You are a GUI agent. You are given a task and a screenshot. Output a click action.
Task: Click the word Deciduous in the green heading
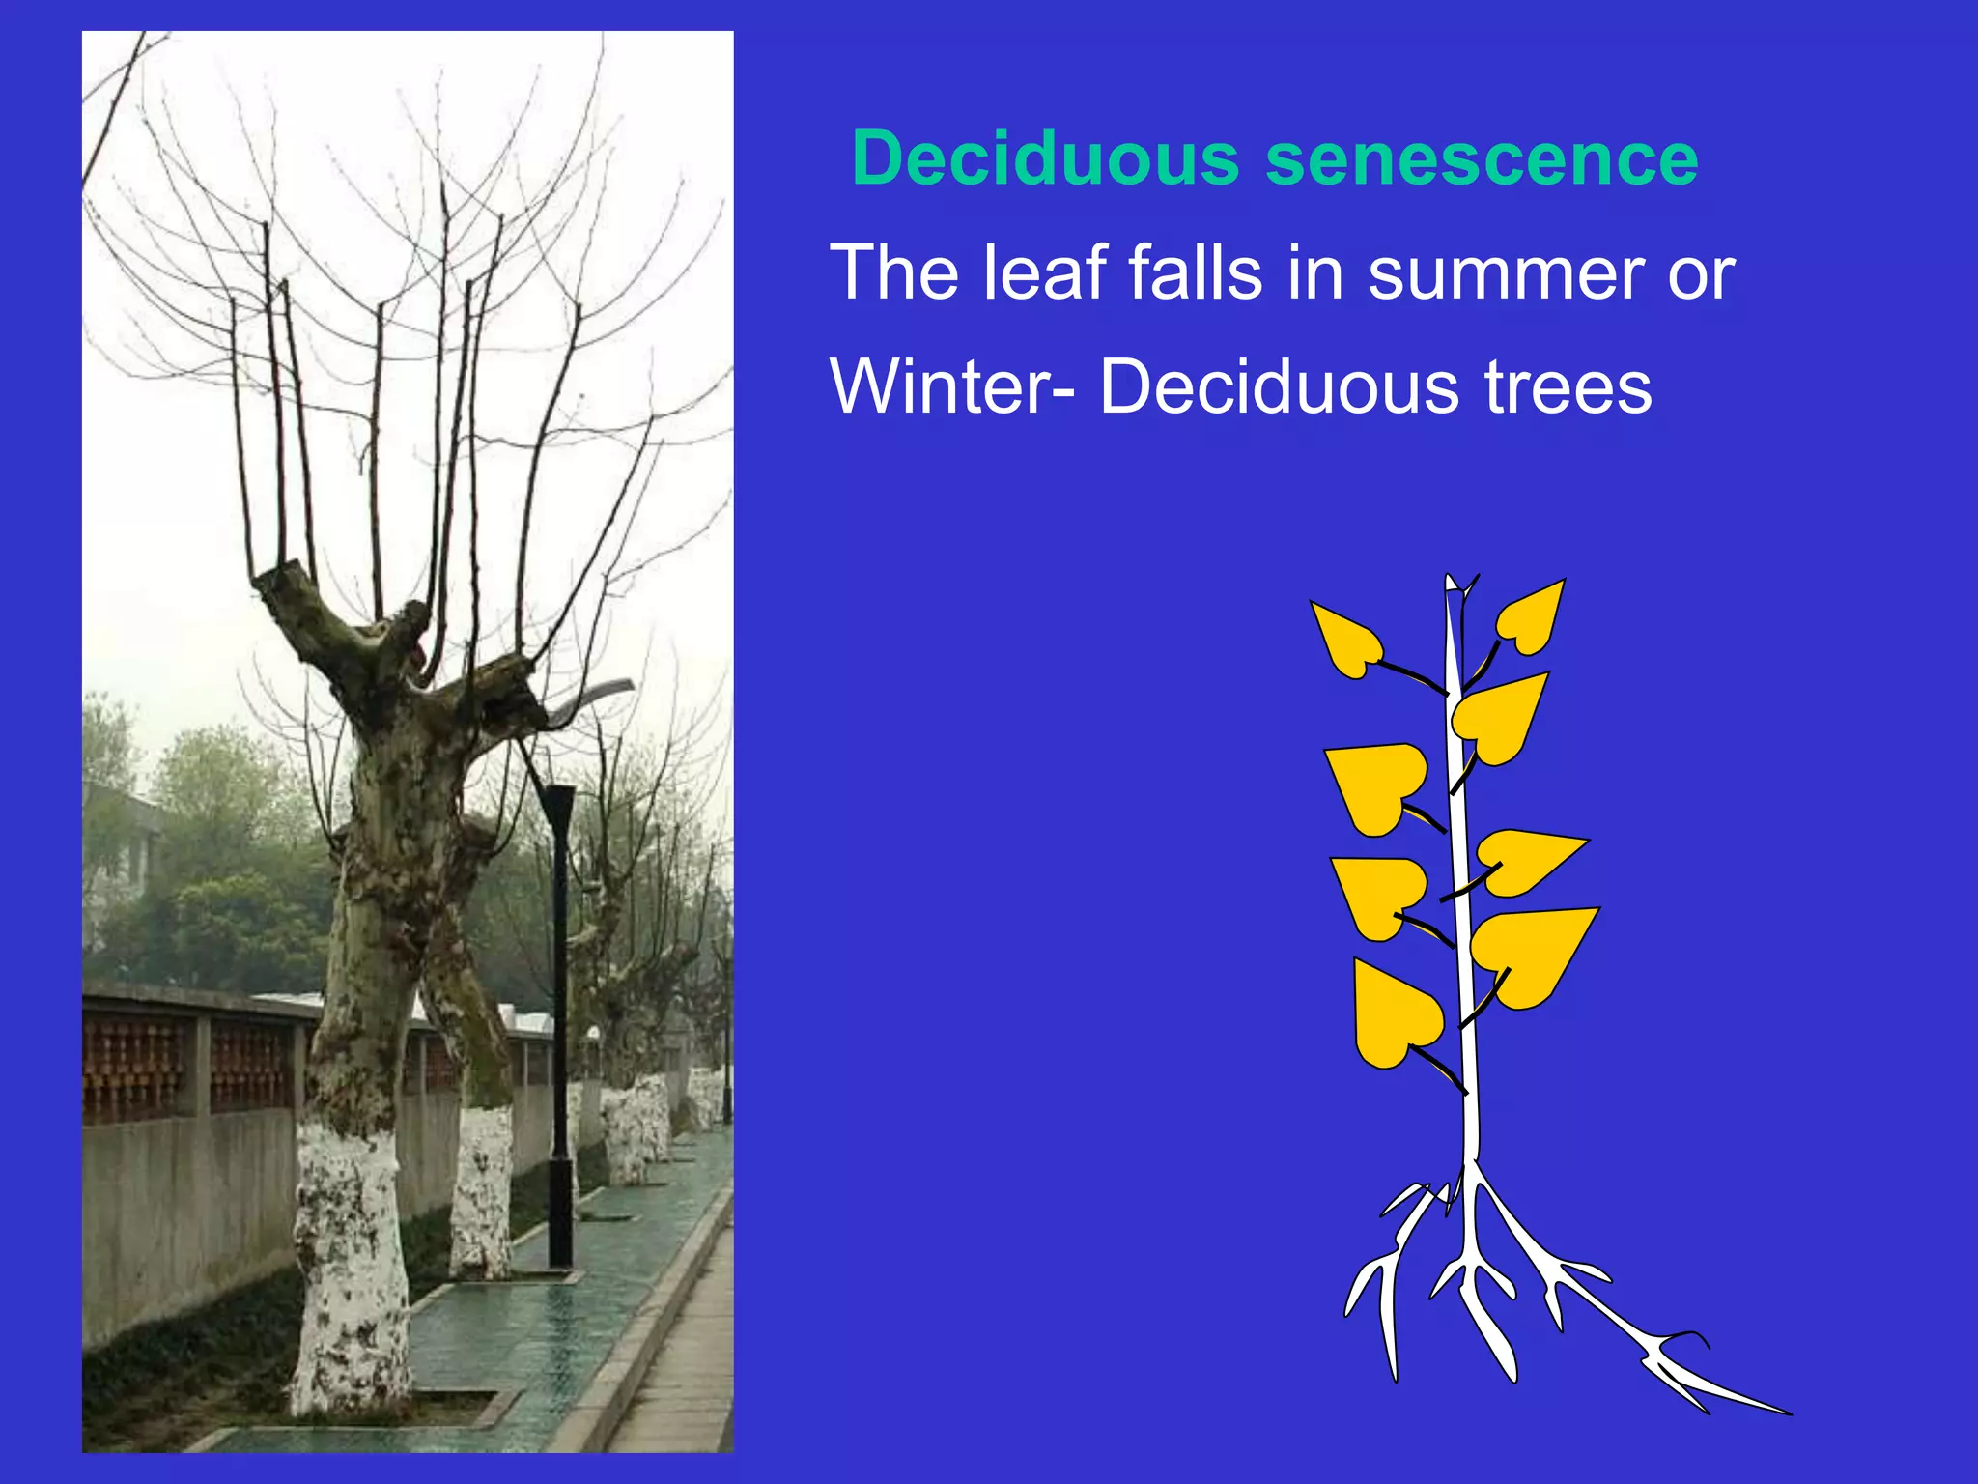click(1045, 158)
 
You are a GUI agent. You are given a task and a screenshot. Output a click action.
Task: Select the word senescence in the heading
click(1482, 160)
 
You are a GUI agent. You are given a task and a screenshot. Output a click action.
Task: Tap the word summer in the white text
click(1507, 273)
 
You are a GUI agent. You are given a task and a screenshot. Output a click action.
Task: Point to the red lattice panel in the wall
click(135, 1068)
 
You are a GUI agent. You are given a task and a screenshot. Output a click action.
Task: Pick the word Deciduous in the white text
click(1279, 387)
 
